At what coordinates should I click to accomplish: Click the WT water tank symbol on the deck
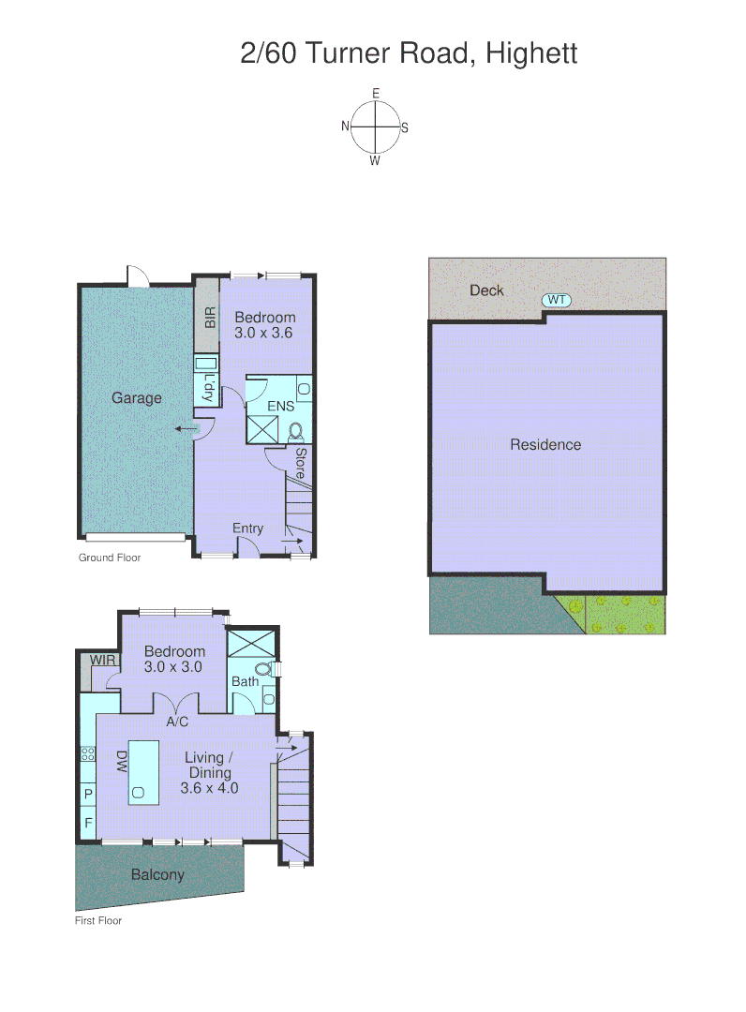(557, 300)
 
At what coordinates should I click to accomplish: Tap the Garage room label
(137, 398)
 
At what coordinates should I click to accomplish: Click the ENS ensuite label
(280, 407)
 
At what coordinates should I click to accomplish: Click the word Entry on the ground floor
(248, 528)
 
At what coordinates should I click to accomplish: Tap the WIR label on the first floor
(102, 661)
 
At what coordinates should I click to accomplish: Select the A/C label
(179, 722)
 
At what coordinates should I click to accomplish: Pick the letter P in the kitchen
(89, 795)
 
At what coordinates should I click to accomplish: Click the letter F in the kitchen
(89, 824)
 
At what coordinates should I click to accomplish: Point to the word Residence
(545, 445)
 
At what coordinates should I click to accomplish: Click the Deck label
(486, 290)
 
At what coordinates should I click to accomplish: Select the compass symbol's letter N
(346, 126)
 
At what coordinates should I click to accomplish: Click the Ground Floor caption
(109, 558)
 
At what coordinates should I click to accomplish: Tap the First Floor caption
(98, 920)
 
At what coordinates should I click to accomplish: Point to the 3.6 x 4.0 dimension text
(210, 788)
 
